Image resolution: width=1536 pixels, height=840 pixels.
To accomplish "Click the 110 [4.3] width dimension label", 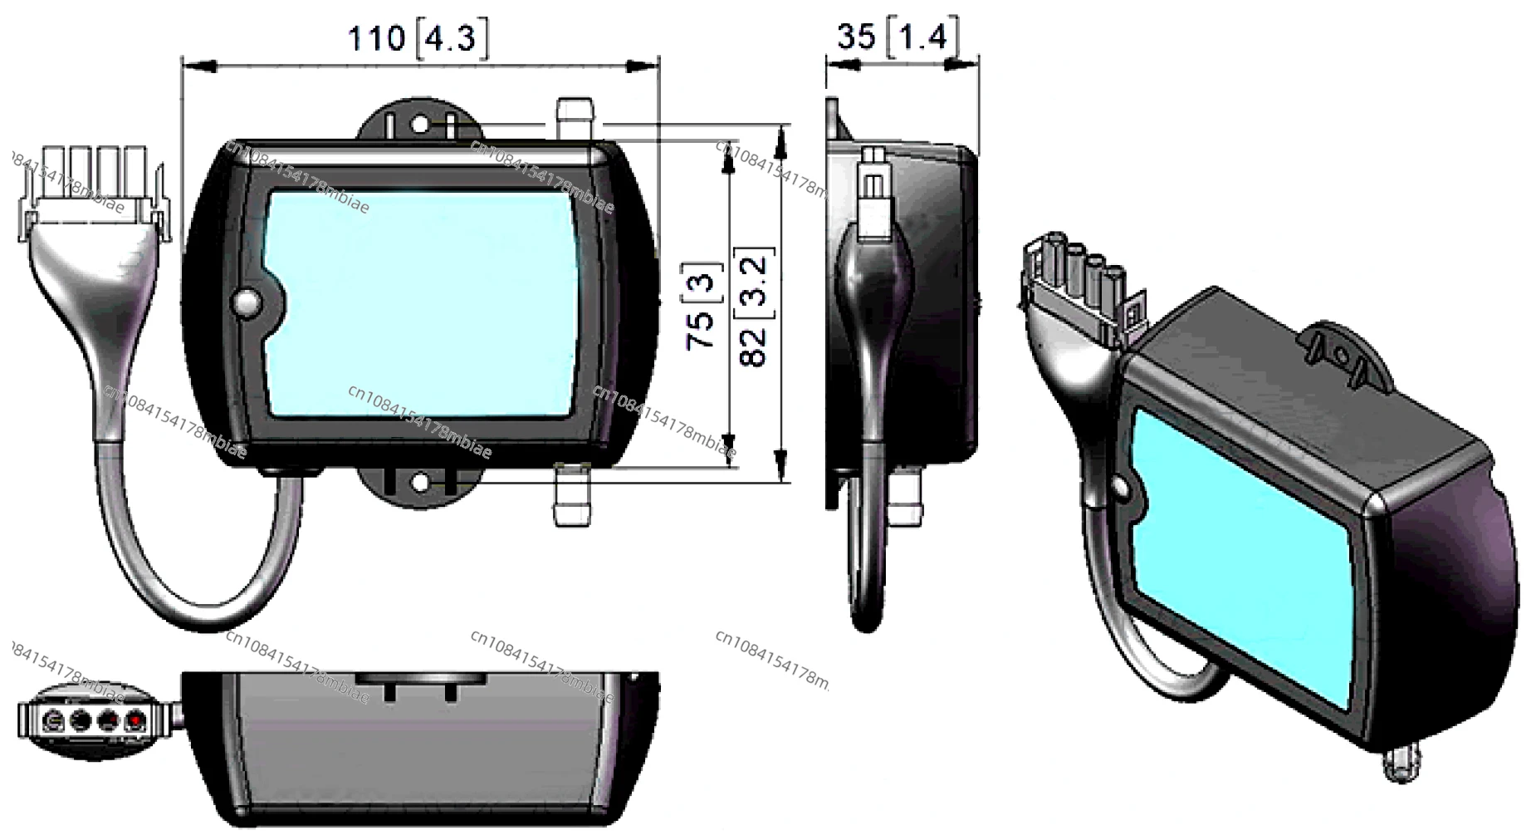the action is click(418, 38).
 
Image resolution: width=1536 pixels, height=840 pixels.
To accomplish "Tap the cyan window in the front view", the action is click(423, 303).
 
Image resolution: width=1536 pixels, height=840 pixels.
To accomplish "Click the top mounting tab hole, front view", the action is click(420, 126).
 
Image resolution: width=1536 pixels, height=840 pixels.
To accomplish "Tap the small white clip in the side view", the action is click(873, 191).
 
